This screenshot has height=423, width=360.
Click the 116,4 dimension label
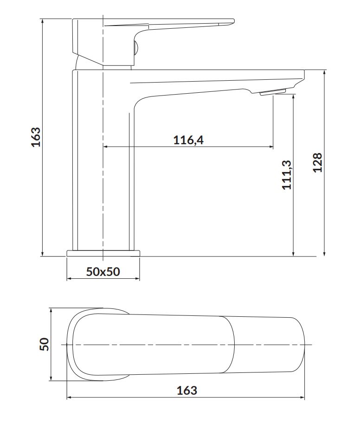pos(188,140)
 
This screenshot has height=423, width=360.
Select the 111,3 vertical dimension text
pos(287,175)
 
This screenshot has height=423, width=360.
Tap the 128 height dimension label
pos(317,162)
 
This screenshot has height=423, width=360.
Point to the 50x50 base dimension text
pos(103,271)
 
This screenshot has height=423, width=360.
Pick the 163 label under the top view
pos(187,391)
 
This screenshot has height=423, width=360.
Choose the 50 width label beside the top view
pos(45,344)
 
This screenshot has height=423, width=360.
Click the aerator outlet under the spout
pos(272,92)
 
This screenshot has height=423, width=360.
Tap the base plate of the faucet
pos(103,253)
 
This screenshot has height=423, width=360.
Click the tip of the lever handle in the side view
pos(233,20)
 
